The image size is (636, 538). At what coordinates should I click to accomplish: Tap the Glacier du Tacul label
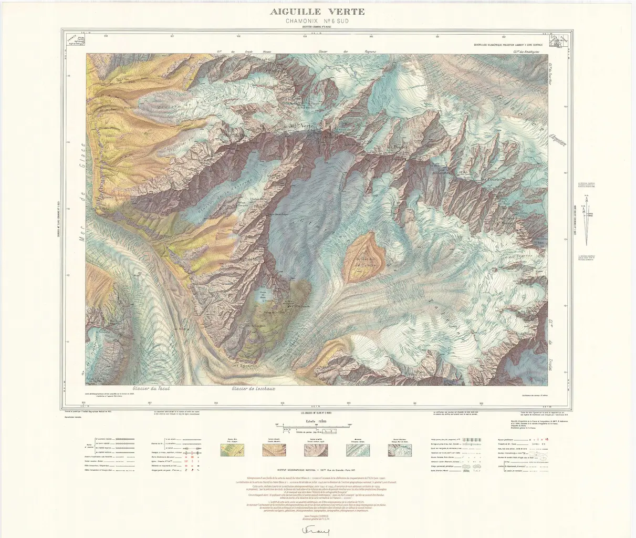pyautogui.click(x=152, y=389)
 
